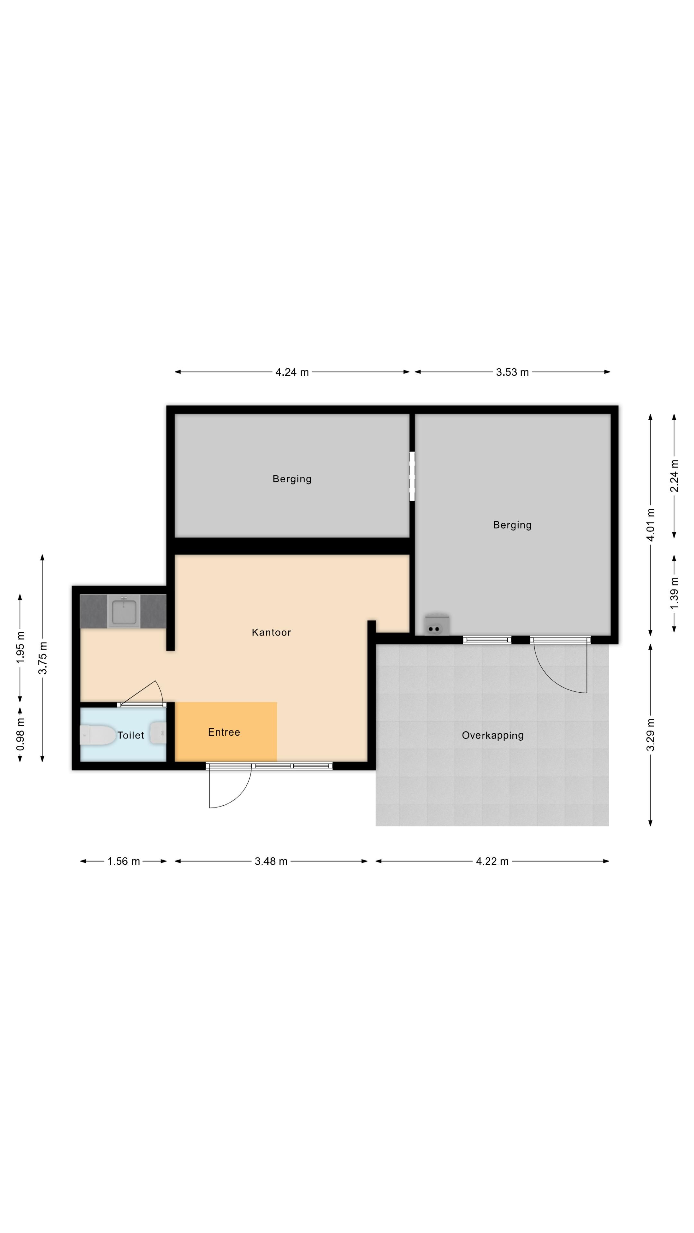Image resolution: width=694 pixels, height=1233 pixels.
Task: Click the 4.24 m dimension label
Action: point(292,372)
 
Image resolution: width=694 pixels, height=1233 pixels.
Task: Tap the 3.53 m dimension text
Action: point(512,372)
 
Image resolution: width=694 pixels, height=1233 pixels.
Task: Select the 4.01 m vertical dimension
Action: point(650,525)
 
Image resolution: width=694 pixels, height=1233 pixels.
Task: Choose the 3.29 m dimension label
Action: point(650,735)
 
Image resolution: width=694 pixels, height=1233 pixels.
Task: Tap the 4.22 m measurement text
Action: point(492,861)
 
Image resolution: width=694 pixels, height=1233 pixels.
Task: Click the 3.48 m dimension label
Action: point(271,861)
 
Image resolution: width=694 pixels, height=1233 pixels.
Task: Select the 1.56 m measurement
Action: point(124,861)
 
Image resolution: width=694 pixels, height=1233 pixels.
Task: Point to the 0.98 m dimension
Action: point(20,735)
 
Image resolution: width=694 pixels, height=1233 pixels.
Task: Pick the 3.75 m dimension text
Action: point(43,658)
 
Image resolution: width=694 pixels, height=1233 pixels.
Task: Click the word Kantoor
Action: point(271,632)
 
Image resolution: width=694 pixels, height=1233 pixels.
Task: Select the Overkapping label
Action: point(493,736)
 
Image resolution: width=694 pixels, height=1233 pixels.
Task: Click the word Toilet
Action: point(131,735)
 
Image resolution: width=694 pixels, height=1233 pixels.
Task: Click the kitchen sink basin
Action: point(124,612)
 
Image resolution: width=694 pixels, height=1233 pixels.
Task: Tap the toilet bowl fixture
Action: point(98,735)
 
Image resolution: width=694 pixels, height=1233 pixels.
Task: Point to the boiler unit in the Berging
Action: point(437,624)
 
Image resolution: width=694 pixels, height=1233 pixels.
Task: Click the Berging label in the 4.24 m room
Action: point(292,479)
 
